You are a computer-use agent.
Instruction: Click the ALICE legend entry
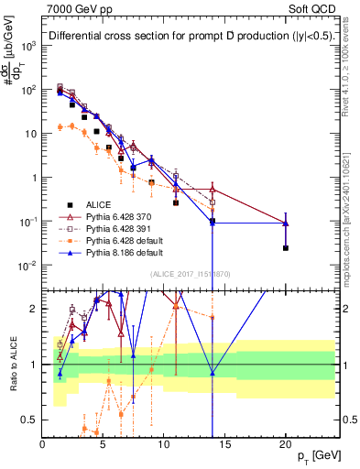tap(93, 204)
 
